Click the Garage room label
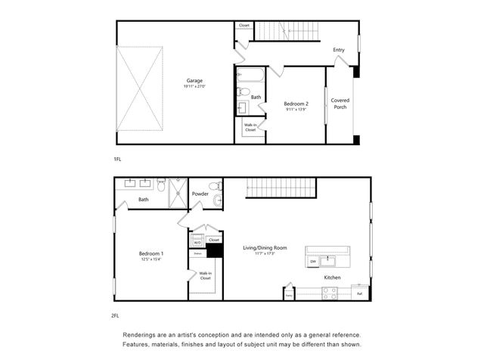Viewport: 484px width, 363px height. pos(194,81)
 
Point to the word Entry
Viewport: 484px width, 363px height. pos(339,51)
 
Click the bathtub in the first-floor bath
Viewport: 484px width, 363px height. pos(250,76)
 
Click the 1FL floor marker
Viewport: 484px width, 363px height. pos(117,160)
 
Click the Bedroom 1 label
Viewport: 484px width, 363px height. pos(152,253)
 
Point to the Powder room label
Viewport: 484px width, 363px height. pos(200,194)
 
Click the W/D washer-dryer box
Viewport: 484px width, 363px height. pos(197,242)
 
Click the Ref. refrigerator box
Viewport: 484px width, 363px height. pos(359,293)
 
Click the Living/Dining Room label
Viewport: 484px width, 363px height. pos(265,247)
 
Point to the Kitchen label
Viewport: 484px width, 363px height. pos(333,278)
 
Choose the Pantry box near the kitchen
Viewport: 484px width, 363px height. pos(288,294)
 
